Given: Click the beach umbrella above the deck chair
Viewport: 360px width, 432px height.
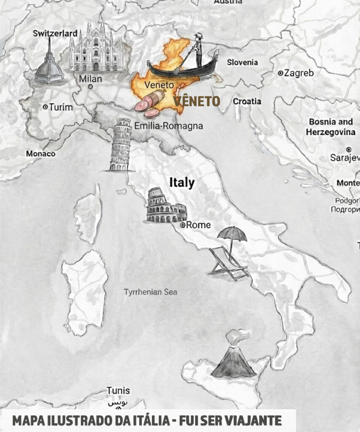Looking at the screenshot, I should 232,234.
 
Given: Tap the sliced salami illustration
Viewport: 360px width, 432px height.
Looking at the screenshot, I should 150,104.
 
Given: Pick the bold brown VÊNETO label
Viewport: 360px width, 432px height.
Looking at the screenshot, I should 197,101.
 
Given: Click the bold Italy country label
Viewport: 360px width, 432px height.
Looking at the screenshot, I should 182,183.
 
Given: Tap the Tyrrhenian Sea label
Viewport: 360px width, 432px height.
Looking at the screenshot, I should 151,292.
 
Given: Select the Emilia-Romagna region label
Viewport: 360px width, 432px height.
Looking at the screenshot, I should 168,126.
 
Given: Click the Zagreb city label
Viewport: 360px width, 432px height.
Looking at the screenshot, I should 299,73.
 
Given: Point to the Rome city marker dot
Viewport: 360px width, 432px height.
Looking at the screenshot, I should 183,225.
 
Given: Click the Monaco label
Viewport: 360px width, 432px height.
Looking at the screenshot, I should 41,154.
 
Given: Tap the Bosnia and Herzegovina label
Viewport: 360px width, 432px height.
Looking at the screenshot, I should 332,127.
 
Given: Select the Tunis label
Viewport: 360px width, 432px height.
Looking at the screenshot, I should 118,391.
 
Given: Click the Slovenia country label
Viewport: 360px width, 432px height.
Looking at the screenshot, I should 242,62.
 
